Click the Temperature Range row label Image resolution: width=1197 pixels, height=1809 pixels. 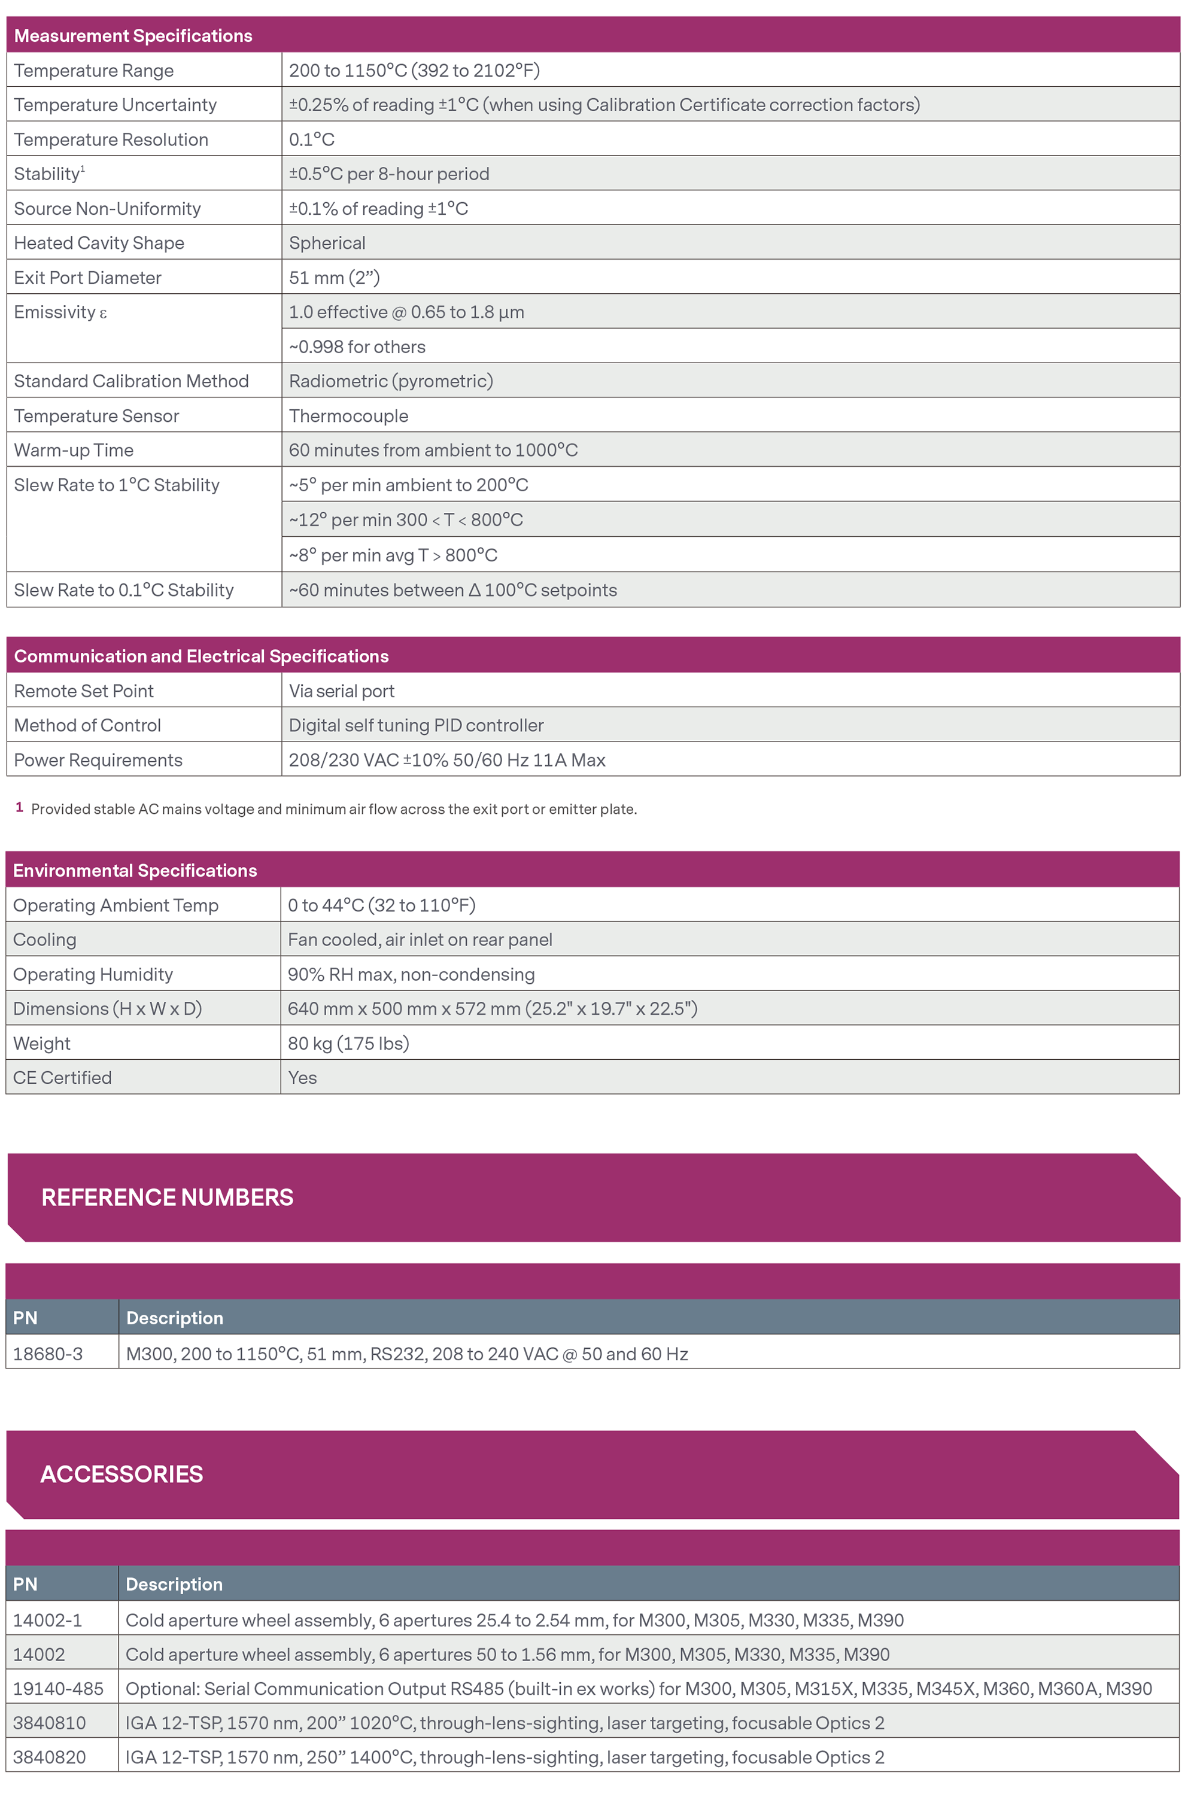tap(94, 70)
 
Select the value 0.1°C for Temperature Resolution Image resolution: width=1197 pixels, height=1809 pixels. tap(311, 139)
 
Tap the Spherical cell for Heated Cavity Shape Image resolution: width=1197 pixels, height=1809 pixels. tap(327, 243)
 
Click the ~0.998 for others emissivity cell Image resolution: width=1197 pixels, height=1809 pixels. tap(357, 346)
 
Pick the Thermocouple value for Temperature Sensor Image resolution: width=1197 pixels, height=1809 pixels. tap(348, 416)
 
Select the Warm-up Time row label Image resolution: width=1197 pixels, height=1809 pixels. tap(73, 451)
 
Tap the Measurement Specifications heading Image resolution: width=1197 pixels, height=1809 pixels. tap(133, 36)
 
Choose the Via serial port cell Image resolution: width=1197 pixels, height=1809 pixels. tap(341, 691)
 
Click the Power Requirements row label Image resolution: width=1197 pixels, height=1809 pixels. tap(98, 760)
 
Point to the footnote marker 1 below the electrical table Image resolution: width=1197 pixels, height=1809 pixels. tap(19, 808)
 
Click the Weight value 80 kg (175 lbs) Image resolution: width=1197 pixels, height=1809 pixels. tap(348, 1044)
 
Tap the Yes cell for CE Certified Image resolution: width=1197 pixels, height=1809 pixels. tap(302, 1078)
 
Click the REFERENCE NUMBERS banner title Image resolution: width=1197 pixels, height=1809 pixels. tap(167, 1197)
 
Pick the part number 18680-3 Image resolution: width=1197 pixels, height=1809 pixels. tap(47, 1354)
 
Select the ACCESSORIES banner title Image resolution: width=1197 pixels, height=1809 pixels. tap(121, 1474)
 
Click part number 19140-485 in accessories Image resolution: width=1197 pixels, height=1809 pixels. tap(58, 1688)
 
